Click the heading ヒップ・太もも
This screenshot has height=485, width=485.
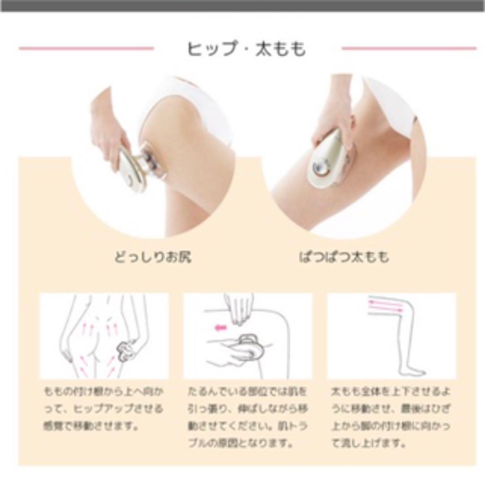pyautogui.click(x=247, y=49)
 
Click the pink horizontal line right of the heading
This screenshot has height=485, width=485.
pyautogui.click(x=409, y=48)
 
